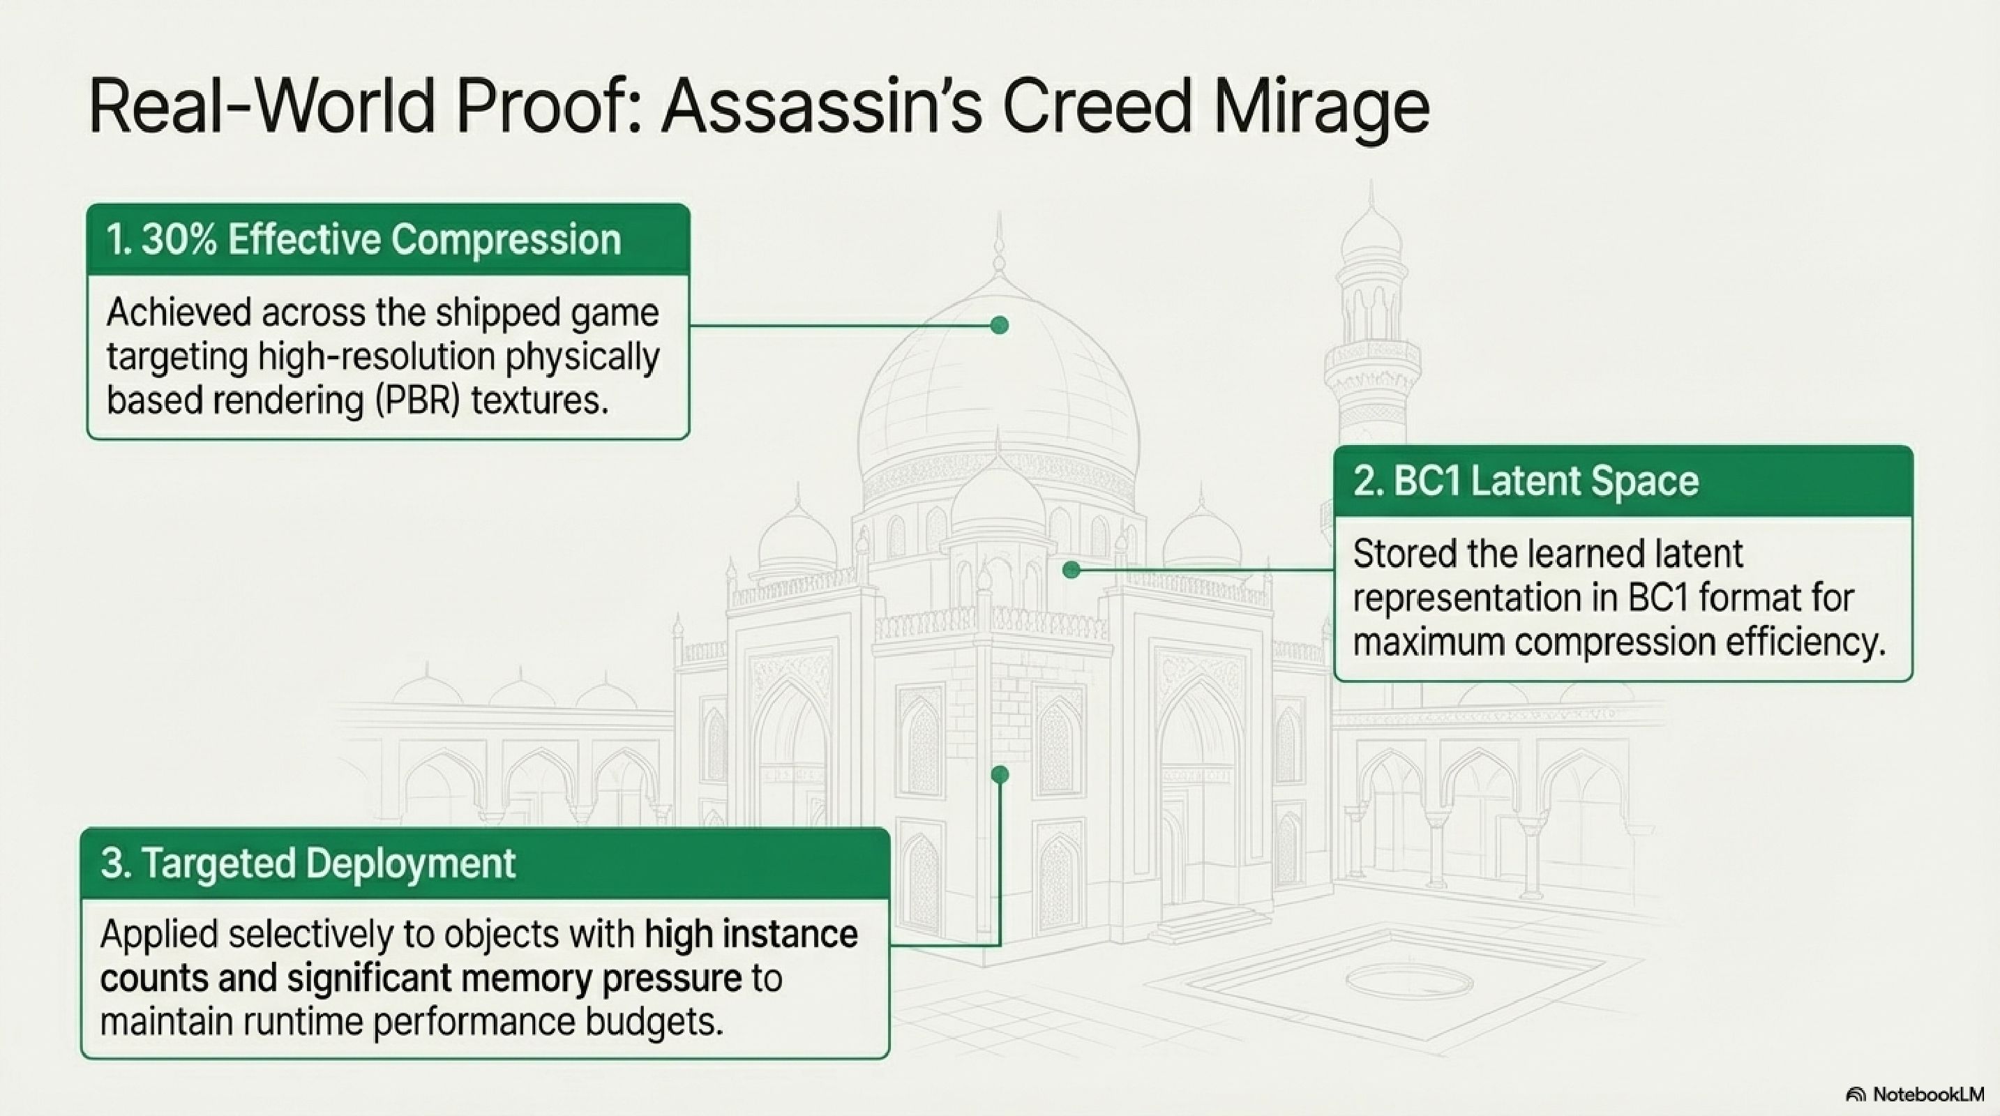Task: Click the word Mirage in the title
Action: pyautogui.click(x=1320, y=109)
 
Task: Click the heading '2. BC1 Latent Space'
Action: pyautogui.click(x=1526, y=482)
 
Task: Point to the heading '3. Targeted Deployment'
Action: pyautogui.click(x=308, y=864)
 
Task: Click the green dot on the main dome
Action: pyautogui.click(x=1000, y=325)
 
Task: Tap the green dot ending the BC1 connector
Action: pyautogui.click(x=1072, y=571)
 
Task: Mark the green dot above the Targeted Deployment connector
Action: pyautogui.click(x=1000, y=774)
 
